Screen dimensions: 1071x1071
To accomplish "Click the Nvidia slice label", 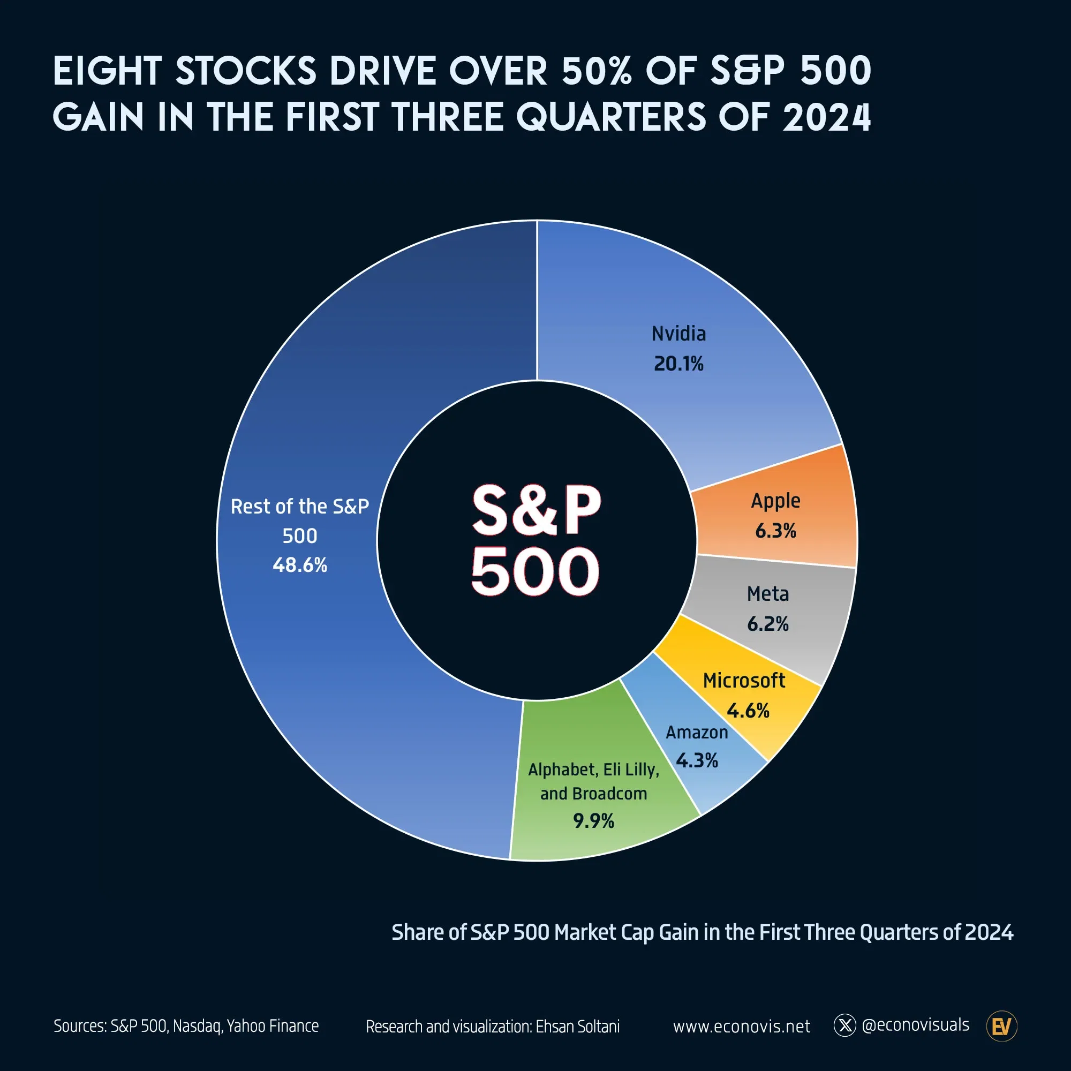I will coord(678,334).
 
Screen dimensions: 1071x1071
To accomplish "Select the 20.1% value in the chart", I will coord(678,364).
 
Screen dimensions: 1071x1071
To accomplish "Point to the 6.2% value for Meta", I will coord(768,624).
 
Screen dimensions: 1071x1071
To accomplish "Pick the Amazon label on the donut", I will coord(697,732).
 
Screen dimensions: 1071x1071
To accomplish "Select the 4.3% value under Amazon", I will coord(697,760).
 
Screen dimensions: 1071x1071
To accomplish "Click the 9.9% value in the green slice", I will coord(594,821).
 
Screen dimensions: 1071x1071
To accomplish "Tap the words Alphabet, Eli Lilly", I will coord(594,770).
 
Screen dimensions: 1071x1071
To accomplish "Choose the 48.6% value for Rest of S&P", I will coord(300,565).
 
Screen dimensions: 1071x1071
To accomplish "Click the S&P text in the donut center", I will coord(536,509).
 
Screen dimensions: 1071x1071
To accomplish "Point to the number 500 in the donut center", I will coord(535,571).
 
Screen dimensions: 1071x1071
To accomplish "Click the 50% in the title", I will coord(597,71).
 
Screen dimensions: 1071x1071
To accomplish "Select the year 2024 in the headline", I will coord(826,117).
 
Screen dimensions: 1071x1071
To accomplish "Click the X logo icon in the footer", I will coord(845,1025).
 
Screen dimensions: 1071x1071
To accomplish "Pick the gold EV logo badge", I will coord(1002,1026).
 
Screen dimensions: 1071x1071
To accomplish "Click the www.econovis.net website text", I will coord(741,1027).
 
